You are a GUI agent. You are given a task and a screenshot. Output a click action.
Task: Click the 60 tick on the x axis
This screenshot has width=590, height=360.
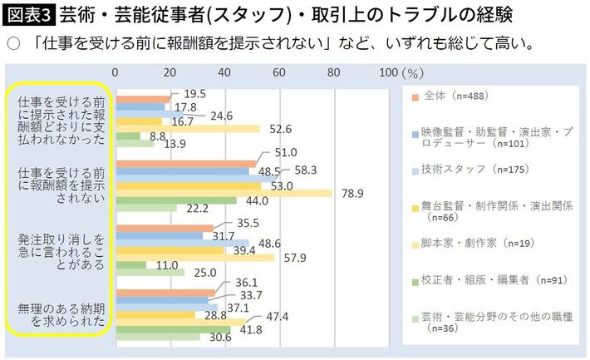click(x=279, y=72)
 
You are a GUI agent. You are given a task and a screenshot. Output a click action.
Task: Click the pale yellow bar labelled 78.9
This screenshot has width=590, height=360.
click(x=224, y=194)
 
